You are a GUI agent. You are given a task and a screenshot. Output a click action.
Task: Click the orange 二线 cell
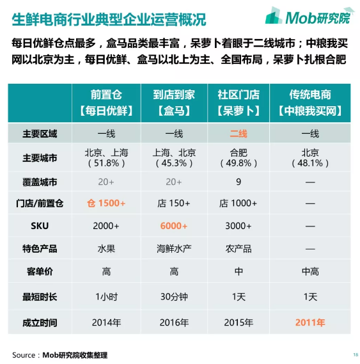(x=239, y=134)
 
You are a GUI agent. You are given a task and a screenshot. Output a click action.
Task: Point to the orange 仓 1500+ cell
(x=106, y=203)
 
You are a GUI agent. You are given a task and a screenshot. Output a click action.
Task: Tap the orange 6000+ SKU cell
(x=174, y=226)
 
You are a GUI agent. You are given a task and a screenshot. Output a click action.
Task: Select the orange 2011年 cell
(x=310, y=322)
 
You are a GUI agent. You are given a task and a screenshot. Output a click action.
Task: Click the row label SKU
(x=40, y=226)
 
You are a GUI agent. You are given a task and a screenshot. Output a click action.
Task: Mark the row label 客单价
(x=40, y=273)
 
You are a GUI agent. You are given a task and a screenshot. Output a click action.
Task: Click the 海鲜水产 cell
(x=174, y=249)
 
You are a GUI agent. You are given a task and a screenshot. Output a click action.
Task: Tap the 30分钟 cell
(x=174, y=297)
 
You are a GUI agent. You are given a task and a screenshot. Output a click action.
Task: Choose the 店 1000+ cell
(x=239, y=203)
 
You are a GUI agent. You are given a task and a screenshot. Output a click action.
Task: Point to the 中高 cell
(x=310, y=273)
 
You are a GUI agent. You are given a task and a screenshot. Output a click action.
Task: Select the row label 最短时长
(x=40, y=297)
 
